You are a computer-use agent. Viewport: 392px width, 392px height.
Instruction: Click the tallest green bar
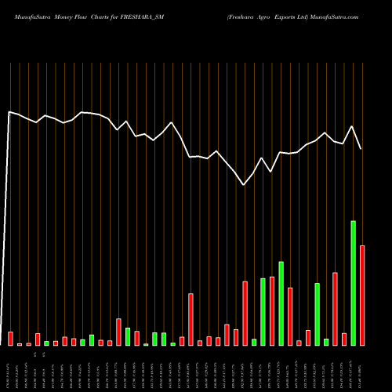[354, 283]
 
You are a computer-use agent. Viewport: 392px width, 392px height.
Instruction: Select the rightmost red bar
[362, 296]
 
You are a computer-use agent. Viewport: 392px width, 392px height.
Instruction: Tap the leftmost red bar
[11, 339]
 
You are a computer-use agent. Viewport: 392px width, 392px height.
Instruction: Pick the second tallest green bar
[281, 303]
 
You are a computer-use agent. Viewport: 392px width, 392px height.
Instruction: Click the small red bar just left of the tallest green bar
[344, 339]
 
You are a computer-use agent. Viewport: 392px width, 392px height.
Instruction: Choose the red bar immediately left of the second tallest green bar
[272, 311]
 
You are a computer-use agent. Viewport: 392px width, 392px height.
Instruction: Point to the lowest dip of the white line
[245, 185]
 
